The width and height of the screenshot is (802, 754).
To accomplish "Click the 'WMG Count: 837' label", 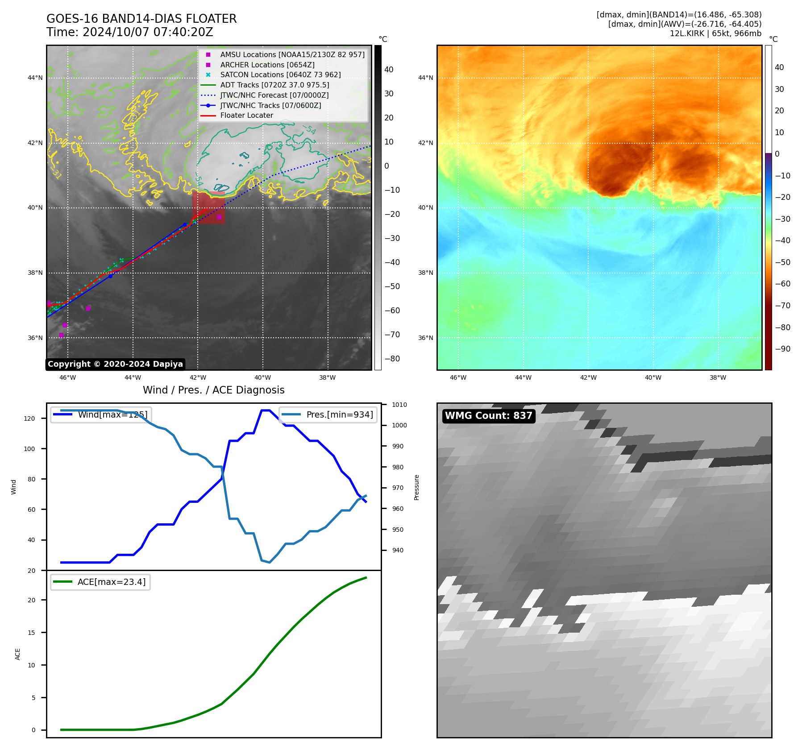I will tap(488, 416).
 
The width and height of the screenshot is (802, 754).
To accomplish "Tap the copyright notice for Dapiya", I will tap(115, 364).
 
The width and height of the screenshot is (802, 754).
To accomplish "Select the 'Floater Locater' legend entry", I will tap(246, 116).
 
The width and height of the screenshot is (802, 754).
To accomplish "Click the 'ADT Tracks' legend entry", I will tap(274, 85).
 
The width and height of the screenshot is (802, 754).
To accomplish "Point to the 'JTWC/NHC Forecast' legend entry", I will tap(274, 95).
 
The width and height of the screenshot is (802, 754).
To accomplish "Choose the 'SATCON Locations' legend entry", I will tap(280, 75).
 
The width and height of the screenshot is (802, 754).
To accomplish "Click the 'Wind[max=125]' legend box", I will tap(100, 415).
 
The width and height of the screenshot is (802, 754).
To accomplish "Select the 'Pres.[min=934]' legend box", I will tap(328, 415).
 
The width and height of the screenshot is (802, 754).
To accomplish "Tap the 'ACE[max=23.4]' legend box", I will tap(100, 582).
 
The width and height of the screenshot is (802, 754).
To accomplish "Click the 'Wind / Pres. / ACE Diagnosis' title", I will tap(213, 390).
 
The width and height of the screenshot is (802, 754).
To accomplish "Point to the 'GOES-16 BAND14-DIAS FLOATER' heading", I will tap(141, 19).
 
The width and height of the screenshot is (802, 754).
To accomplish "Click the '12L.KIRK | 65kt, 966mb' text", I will tap(715, 33).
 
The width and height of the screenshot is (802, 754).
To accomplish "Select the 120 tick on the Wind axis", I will tap(29, 418).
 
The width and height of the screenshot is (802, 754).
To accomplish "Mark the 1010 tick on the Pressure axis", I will tap(399, 405).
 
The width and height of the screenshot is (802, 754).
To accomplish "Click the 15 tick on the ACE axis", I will tap(31, 633).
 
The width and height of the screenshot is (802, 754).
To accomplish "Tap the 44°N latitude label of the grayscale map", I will tap(35, 78).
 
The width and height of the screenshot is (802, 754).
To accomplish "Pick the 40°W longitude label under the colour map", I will tap(653, 378).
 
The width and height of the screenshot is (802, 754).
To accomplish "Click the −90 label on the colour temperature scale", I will tap(782, 349).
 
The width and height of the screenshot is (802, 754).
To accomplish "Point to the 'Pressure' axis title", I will tap(417, 487).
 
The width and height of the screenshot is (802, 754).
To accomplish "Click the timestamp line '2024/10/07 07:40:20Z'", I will tap(147, 33).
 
